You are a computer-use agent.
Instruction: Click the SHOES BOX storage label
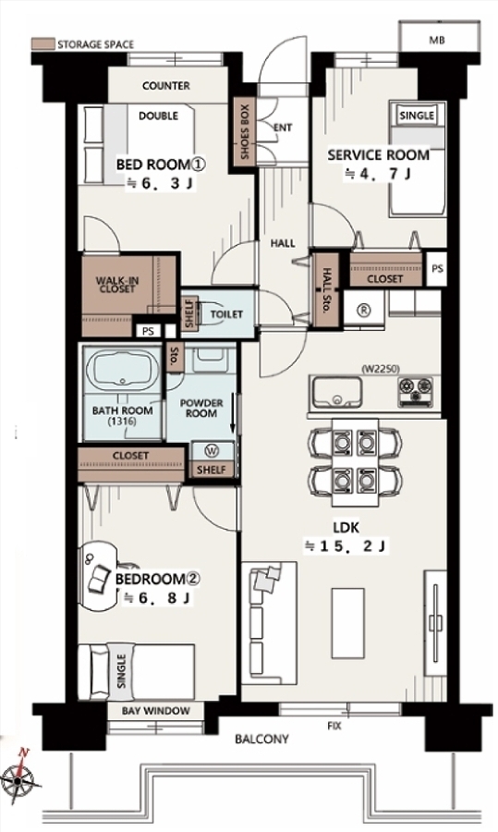245,131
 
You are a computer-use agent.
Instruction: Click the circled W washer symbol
212,451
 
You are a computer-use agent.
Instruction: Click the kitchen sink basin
336,393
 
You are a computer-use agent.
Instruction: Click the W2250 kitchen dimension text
381,369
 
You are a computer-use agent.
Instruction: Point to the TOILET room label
226,314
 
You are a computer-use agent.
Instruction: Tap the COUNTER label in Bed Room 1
166,85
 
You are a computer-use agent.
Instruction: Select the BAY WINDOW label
156,711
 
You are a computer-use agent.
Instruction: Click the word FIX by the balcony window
334,726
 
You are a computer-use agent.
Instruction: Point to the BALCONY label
262,739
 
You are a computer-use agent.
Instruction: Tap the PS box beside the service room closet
437,269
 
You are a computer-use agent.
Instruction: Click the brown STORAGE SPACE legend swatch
43,43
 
